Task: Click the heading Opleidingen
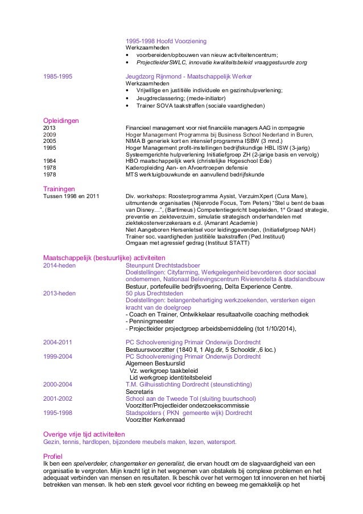[61, 120]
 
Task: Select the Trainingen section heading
[60, 188]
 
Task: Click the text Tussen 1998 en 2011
[71, 196]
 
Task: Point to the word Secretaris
[138, 392]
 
